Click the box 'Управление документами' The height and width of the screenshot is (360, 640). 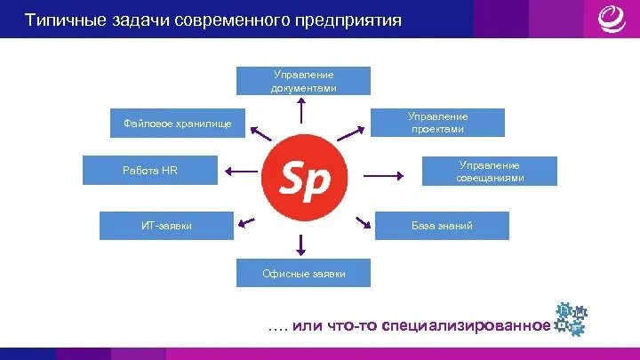point(303,81)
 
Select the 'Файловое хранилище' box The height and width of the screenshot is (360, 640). point(172,124)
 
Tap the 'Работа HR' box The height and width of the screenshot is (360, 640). point(149,170)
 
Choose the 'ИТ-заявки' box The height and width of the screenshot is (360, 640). point(166,226)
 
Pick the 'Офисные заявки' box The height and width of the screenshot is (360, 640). point(303,274)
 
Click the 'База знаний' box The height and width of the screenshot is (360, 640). point(442,226)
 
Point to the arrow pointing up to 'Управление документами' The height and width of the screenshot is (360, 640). point(303,111)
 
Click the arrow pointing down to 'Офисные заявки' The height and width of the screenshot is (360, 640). point(303,244)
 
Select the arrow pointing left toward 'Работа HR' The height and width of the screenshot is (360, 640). point(240,172)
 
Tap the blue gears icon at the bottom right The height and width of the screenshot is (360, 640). point(571,320)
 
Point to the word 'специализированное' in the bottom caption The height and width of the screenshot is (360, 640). point(466,325)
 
